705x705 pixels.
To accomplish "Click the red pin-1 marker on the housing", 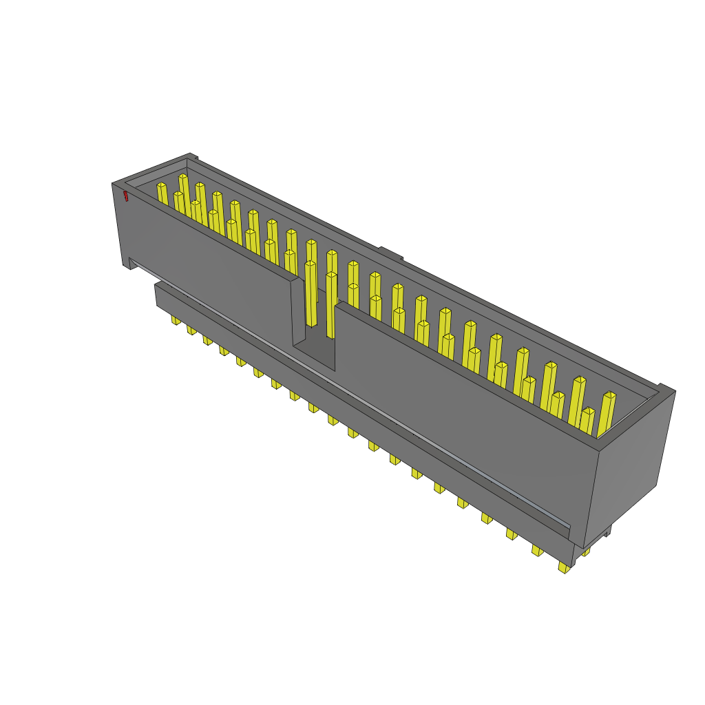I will pos(125,197).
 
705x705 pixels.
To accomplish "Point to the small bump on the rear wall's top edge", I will pos(390,253).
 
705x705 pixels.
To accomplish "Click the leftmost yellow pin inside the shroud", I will pos(162,193).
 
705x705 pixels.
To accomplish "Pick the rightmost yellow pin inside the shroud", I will pos(607,413).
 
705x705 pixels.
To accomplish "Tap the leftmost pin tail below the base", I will pos(176,321).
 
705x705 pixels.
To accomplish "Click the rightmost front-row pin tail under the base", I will pos(564,568).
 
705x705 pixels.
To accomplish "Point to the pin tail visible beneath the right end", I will pos(585,551).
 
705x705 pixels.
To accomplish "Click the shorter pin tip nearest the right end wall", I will pos(587,421).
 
